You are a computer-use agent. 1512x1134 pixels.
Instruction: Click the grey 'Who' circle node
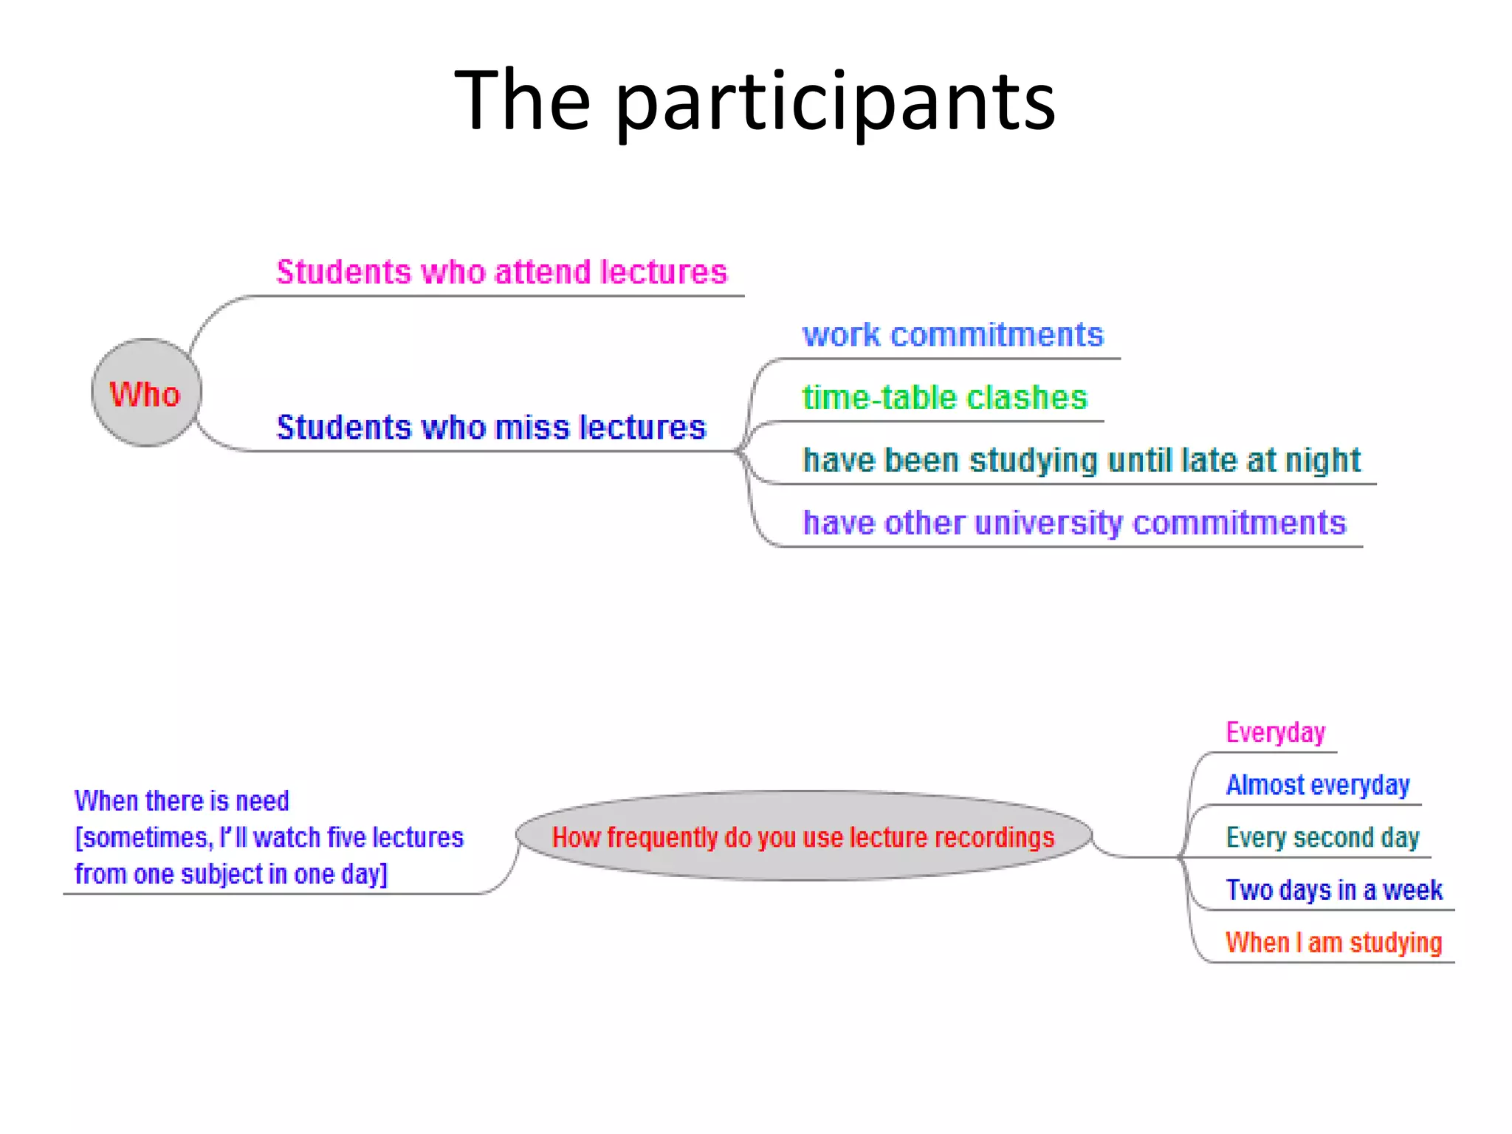pos(146,393)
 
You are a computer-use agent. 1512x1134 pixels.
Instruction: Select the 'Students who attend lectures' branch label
pos(501,272)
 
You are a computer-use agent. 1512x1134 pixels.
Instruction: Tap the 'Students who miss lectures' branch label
pos(491,427)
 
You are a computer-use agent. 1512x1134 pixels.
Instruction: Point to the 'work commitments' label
pos(952,335)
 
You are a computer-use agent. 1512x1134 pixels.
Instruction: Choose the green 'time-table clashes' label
pos(944,398)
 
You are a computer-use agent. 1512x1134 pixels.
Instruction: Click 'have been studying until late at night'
pos(1081,461)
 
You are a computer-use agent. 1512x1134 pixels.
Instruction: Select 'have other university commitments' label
pos(1074,523)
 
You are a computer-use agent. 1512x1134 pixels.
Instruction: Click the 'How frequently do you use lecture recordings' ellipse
pos(803,836)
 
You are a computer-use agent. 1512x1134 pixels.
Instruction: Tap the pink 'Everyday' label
pos(1275,732)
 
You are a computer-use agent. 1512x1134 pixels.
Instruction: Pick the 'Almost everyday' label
pos(1318,785)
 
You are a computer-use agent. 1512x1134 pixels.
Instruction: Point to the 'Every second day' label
pos(1322,838)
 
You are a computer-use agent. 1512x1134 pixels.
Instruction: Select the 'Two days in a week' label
pos(1333,890)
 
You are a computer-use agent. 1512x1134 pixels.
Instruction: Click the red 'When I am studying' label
pos(1333,943)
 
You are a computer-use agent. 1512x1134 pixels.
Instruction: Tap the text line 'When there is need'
pos(182,801)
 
